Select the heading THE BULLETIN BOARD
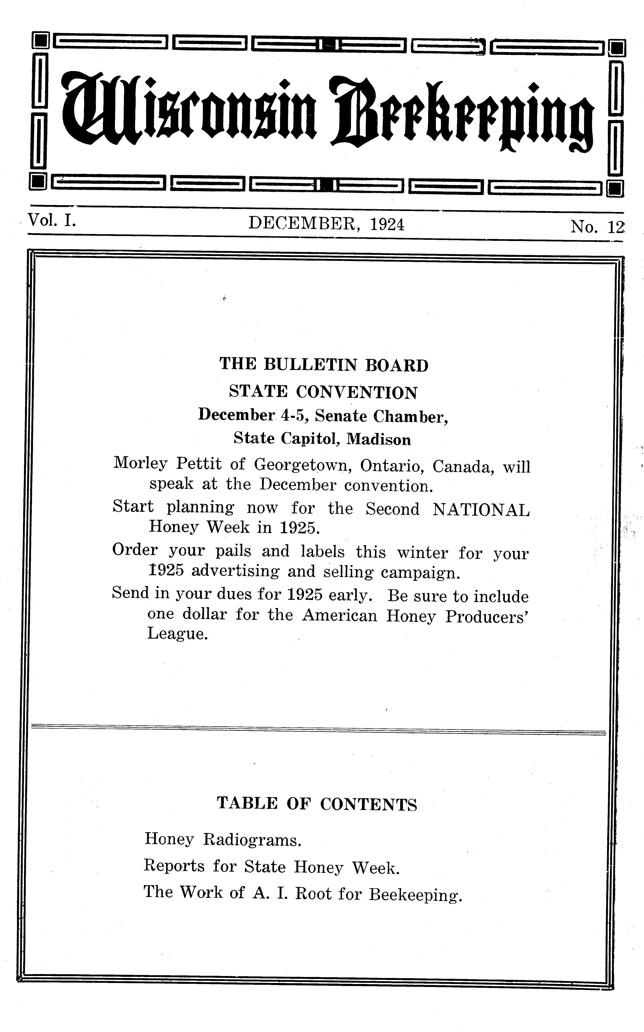pyautogui.click(x=324, y=365)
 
